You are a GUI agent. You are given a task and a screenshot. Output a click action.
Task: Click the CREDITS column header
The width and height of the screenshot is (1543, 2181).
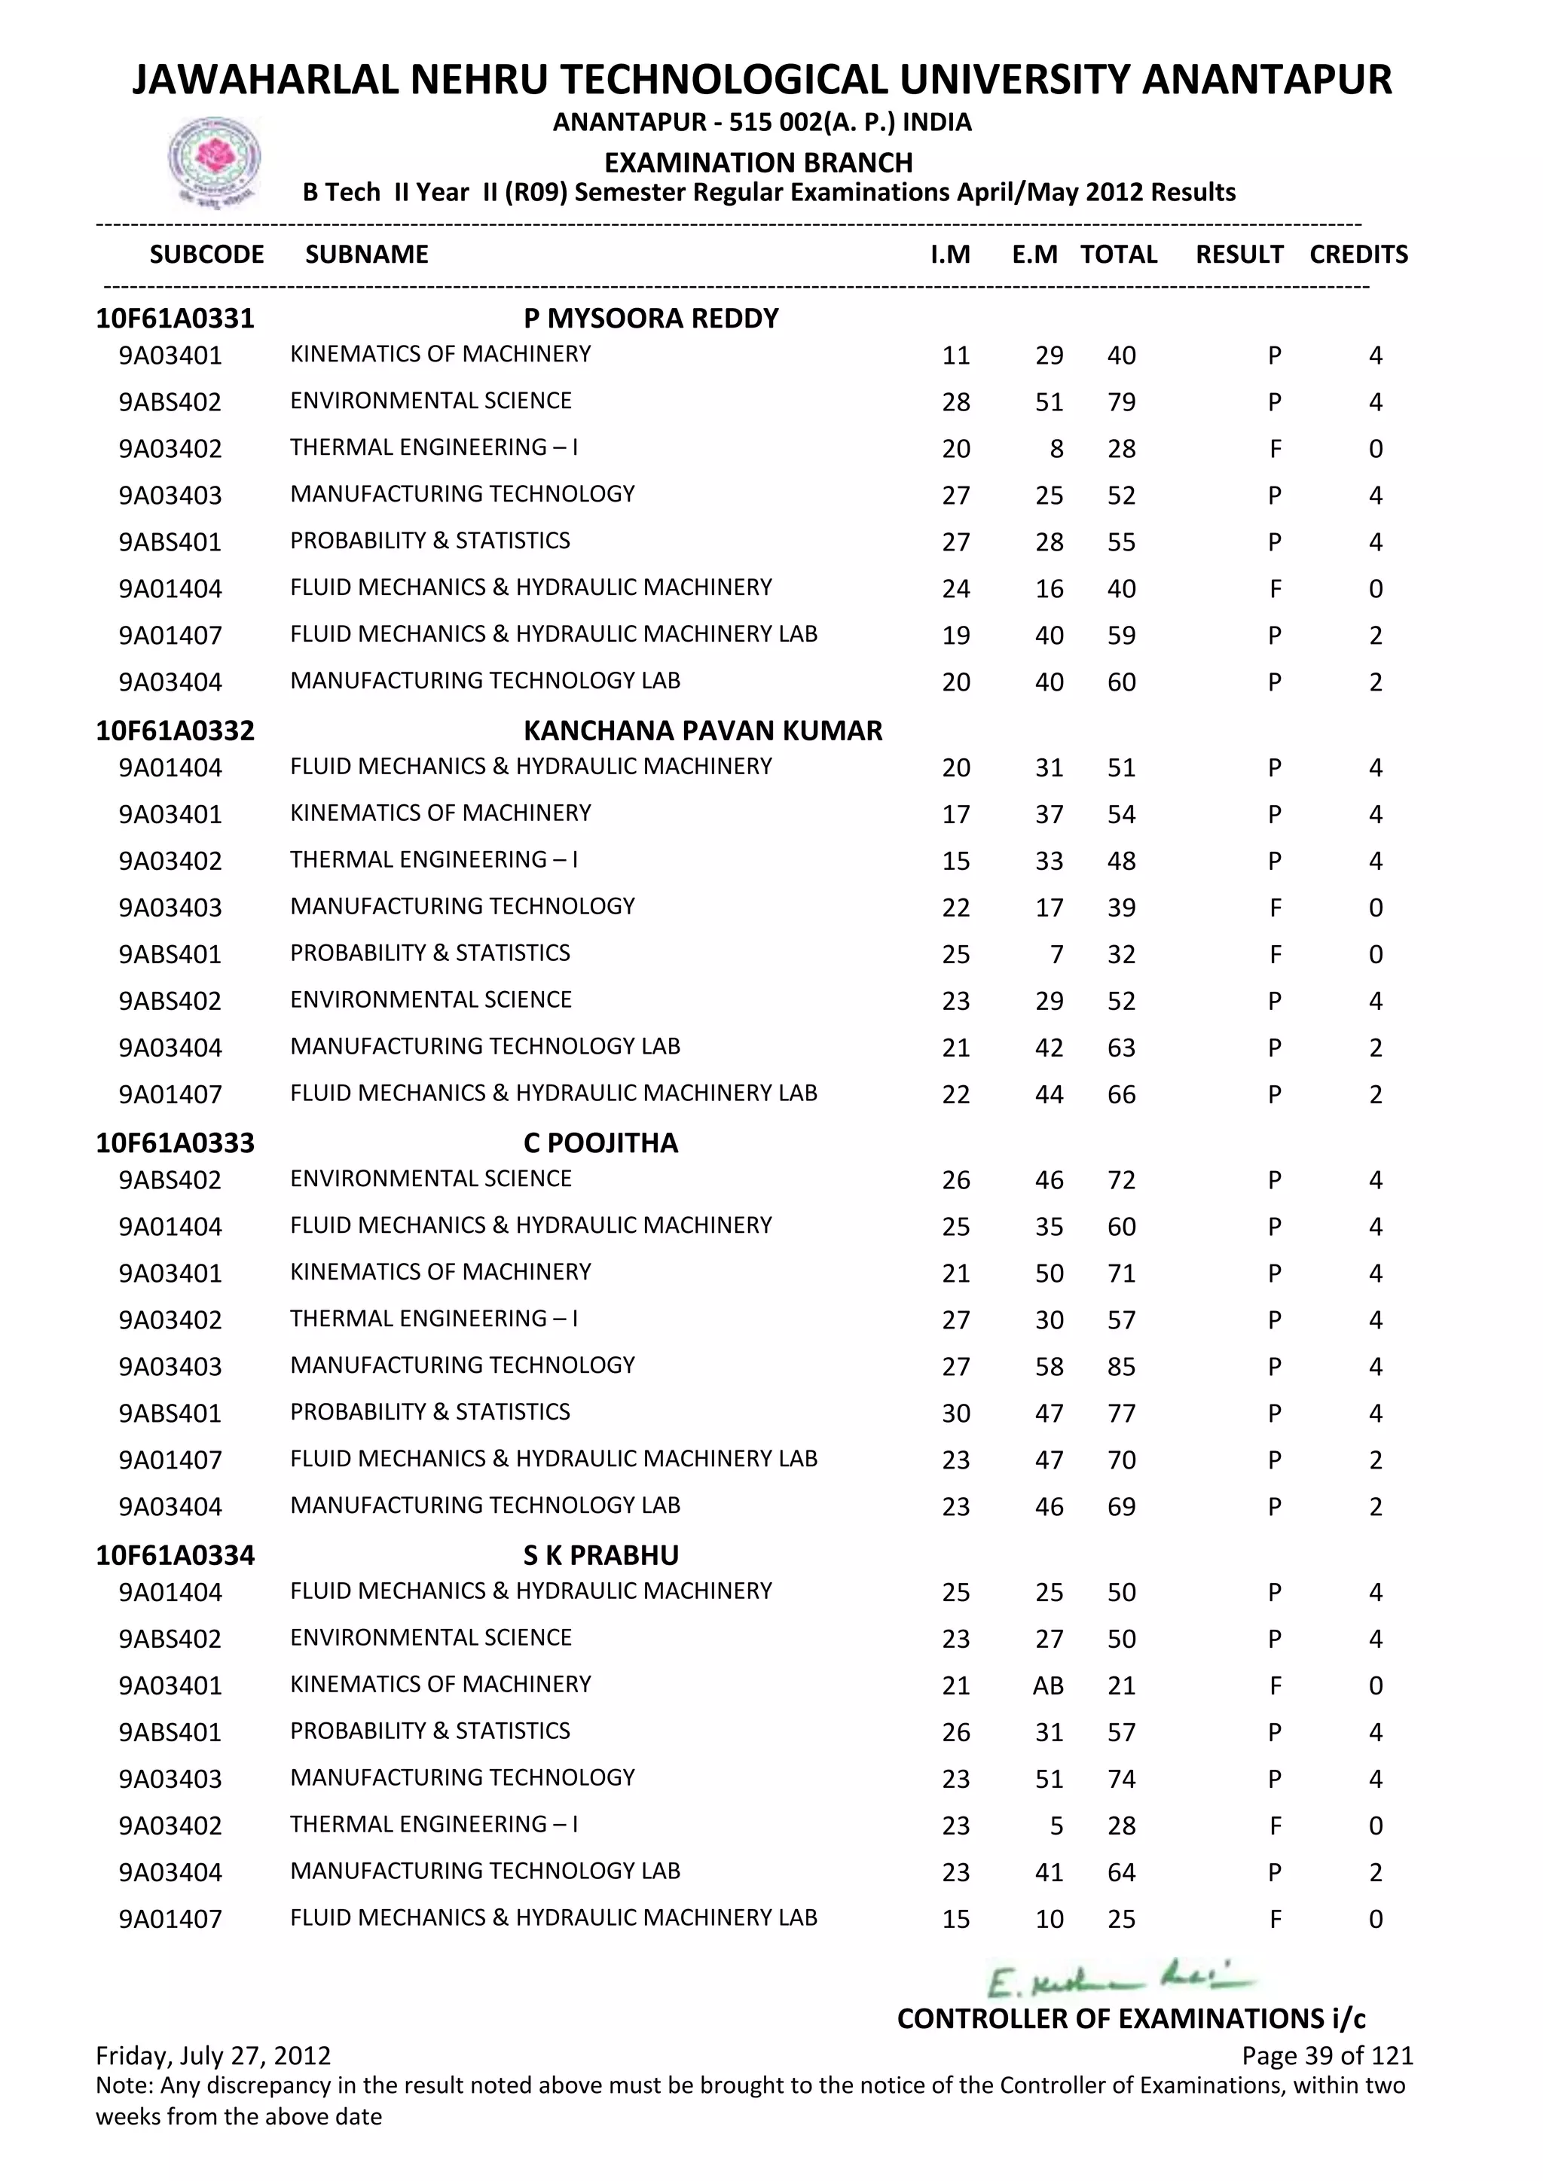[x=1358, y=255]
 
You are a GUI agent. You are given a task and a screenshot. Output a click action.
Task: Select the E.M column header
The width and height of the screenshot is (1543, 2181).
[x=1034, y=255]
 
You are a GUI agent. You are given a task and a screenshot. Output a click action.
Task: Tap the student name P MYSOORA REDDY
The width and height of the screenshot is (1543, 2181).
[x=651, y=319]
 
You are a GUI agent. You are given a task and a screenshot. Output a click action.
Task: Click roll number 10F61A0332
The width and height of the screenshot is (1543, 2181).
[x=175, y=731]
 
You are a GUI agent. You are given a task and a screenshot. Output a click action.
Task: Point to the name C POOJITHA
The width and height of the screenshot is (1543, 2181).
[x=600, y=1142]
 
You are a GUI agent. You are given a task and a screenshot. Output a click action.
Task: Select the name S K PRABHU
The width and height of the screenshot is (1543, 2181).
[x=600, y=1555]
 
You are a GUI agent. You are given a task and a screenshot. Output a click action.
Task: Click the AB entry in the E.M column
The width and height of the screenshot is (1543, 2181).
[x=1048, y=1686]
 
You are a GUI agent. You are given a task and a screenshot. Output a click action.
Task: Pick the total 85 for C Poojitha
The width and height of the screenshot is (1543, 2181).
[x=1121, y=1367]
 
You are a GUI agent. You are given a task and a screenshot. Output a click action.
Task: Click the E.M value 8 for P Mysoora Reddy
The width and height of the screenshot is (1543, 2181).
[x=1056, y=450]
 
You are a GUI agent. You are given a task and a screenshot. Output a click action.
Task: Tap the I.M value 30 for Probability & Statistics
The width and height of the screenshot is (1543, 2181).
[x=956, y=1414]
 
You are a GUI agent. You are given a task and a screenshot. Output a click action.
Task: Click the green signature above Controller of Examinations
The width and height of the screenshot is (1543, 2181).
[x=1121, y=1981]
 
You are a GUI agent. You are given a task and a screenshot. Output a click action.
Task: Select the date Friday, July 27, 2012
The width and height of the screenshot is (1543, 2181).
[x=214, y=2057]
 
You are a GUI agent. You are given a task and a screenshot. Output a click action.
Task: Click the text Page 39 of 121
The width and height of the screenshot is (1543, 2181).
[x=1328, y=2057]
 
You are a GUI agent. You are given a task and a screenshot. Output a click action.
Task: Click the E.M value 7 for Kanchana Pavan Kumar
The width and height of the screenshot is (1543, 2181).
[x=1056, y=955]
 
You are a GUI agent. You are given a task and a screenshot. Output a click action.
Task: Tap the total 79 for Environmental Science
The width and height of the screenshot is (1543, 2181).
[x=1121, y=403]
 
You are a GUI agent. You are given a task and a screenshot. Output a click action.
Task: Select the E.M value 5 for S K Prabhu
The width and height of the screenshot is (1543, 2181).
[x=1056, y=1826]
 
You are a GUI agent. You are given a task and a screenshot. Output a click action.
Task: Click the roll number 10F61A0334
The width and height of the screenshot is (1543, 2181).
[x=175, y=1555]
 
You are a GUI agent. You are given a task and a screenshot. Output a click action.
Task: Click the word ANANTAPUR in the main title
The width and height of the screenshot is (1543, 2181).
[x=1266, y=81]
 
